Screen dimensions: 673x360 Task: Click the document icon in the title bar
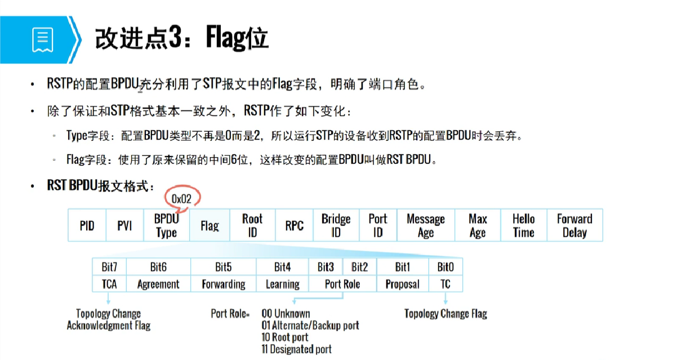pos(43,39)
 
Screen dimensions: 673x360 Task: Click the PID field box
pos(87,226)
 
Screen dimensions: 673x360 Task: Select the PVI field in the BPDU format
pos(124,226)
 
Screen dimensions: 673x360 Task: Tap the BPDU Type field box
pos(166,226)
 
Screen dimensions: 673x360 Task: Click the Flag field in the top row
pos(210,226)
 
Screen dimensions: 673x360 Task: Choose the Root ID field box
pos(252,226)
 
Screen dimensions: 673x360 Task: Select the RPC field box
pos(294,226)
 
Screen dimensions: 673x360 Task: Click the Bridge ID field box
pos(336,226)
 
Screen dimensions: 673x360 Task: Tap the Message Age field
pos(425,226)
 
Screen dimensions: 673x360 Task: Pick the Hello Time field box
pos(523,226)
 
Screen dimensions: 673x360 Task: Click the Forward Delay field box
pos(574,226)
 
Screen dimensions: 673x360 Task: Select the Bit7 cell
pos(109,266)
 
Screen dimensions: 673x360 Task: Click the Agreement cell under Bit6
pos(158,284)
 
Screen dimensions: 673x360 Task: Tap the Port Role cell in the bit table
pos(342,284)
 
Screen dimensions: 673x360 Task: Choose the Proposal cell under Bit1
pos(402,284)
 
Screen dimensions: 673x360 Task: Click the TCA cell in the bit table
pos(109,284)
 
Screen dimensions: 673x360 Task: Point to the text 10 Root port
pos(285,337)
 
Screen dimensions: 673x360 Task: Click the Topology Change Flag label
pos(445,314)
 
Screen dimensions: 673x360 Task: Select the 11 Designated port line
pos(296,349)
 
